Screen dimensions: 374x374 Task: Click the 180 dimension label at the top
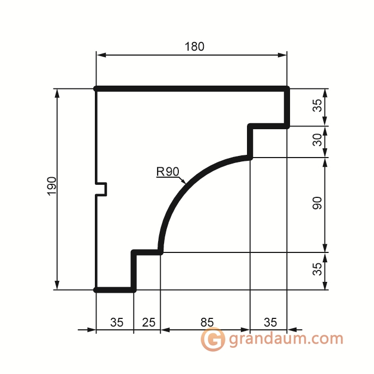pyautogui.click(x=195, y=46)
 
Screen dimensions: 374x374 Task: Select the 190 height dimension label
pyautogui.click(x=52, y=186)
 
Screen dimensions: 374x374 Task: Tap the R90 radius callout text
pyautogui.click(x=168, y=172)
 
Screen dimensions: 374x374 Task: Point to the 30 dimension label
pyautogui.click(x=317, y=140)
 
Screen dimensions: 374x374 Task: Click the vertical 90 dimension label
pyautogui.click(x=317, y=203)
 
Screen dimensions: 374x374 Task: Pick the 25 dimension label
pyautogui.click(x=149, y=322)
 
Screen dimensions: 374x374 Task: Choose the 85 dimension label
pyautogui.click(x=207, y=322)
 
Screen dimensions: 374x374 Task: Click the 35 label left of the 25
pyautogui.click(x=117, y=322)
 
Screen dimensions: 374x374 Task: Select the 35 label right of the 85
pyautogui.click(x=270, y=322)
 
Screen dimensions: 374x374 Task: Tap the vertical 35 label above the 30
pyautogui.click(x=317, y=105)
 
